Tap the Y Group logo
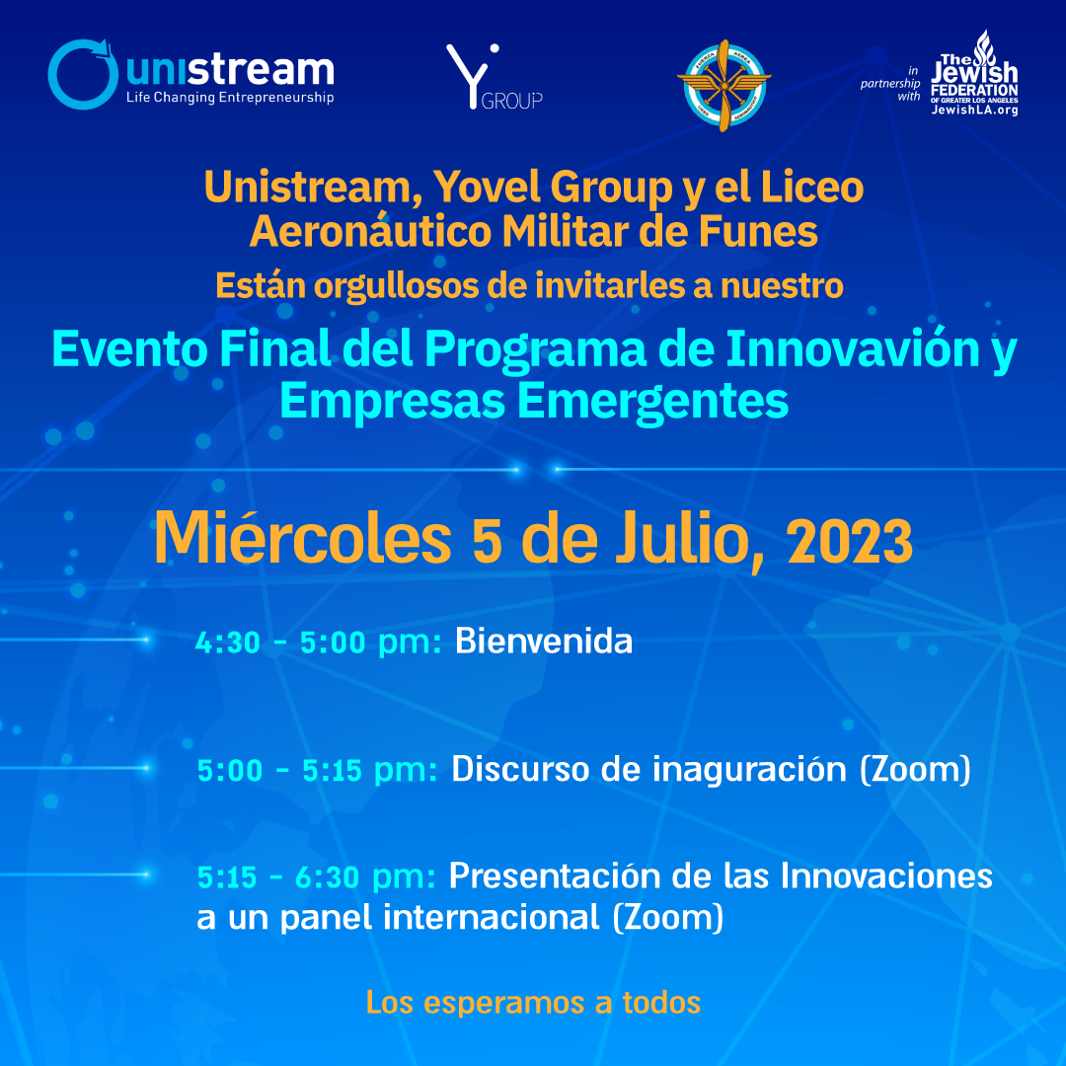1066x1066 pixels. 495,77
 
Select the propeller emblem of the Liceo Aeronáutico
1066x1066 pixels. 724,85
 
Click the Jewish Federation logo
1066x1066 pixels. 974,73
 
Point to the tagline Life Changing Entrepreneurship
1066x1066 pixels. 230,97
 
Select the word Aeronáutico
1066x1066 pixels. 370,232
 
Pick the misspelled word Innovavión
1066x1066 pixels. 853,348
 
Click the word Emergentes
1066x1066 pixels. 652,403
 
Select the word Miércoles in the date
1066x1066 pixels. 303,539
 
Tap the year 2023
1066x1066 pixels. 850,542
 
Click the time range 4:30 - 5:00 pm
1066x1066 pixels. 318,643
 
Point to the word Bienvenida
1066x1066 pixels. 544,642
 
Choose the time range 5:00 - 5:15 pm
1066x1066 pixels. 317,771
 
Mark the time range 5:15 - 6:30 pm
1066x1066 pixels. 316,877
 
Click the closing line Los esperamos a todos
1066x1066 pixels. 534,1003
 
